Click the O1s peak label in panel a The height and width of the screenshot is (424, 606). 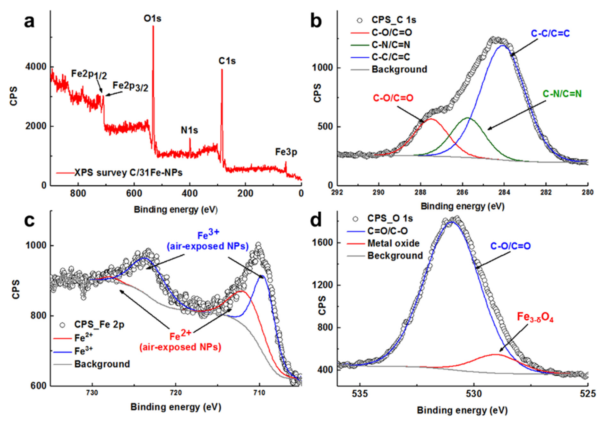(x=152, y=19)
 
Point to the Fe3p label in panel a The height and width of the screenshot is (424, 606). (x=286, y=152)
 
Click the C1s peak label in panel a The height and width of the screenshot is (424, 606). (x=227, y=61)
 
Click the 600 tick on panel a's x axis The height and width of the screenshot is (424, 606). (x=134, y=194)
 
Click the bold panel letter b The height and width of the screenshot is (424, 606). (x=316, y=22)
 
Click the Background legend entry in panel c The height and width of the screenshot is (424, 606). (x=102, y=364)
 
